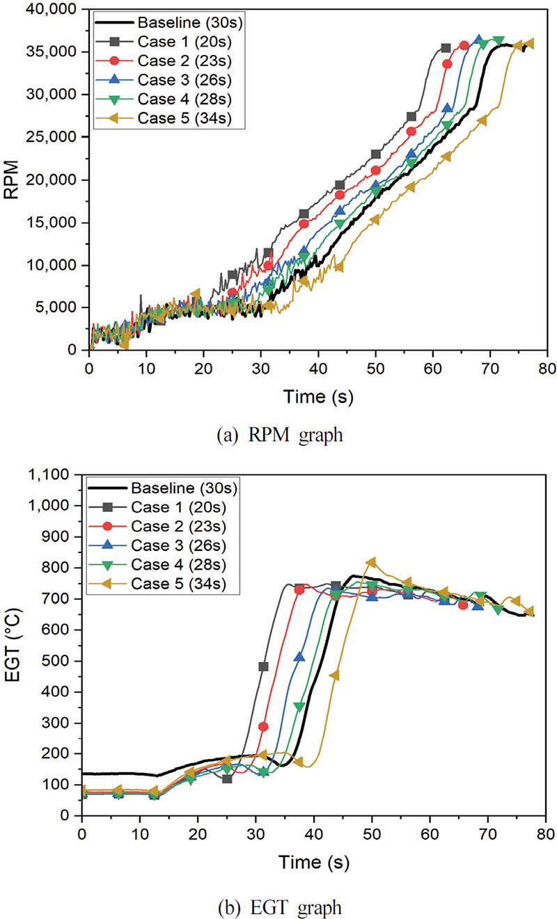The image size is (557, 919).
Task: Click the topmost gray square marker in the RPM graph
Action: coord(446,48)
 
